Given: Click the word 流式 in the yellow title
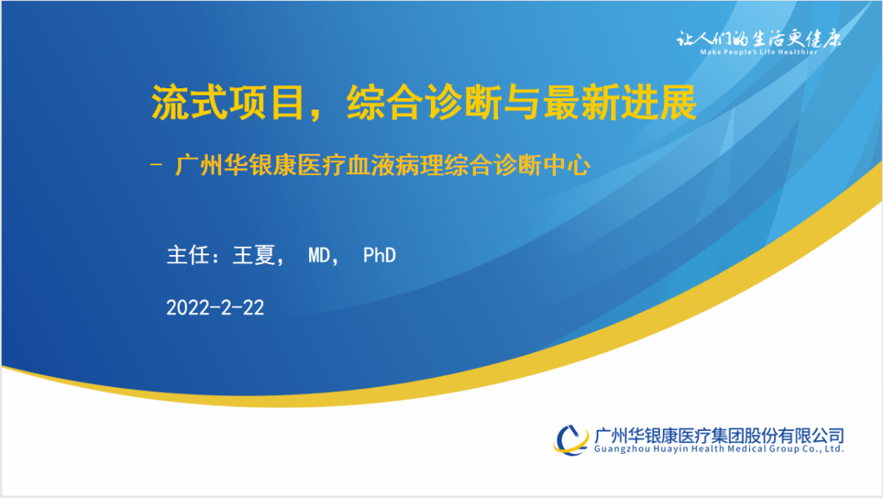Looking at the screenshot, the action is [x=189, y=102].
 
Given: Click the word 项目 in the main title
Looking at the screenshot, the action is [x=267, y=102].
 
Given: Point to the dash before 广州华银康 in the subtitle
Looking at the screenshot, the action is [x=156, y=165].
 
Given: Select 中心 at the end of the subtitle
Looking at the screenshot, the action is [x=567, y=166].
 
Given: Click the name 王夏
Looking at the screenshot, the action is [x=254, y=255].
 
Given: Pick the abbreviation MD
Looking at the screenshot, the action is [x=319, y=256].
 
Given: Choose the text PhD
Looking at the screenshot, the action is [x=379, y=256].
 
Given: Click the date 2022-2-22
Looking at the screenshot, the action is [x=215, y=307].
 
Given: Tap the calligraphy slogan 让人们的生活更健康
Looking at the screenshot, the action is [x=759, y=38].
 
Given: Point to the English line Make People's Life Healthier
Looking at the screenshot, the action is [x=759, y=52].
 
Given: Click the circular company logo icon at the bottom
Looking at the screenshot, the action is [x=571, y=439].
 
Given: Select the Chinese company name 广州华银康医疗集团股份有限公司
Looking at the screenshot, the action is [x=719, y=436].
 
